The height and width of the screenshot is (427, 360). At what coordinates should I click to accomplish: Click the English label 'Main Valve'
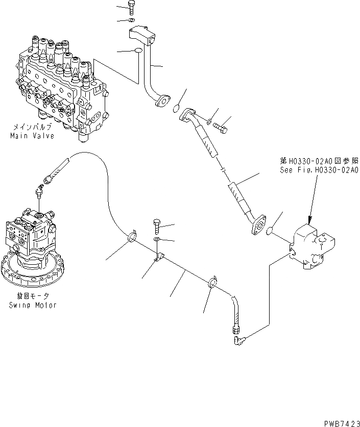[x=32, y=136]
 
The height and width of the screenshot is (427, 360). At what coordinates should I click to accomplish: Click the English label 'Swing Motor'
[x=32, y=305]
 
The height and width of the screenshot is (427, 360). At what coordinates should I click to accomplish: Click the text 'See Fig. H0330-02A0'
[x=319, y=170]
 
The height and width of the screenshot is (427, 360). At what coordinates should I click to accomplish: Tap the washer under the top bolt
[x=132, y=20]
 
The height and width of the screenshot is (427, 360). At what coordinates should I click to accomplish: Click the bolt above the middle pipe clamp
[x=157, y=224]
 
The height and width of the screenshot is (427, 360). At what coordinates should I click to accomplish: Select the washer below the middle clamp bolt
[x=157, y=239]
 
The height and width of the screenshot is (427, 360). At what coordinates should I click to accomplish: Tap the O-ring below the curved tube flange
[x=176, y=109]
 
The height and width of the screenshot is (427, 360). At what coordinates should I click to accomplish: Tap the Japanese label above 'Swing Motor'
[x=32, y=296]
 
